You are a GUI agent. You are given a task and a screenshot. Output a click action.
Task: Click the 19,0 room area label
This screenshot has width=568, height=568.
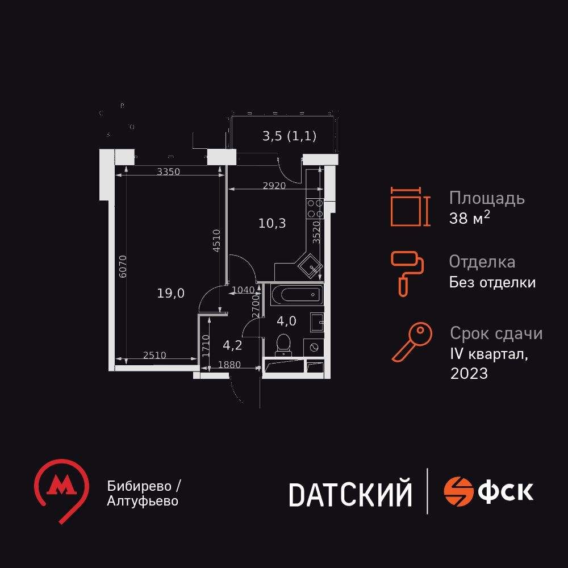click(x=171, y=293)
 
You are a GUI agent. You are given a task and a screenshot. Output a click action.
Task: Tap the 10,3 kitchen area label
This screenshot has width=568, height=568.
click(x=272, y=223)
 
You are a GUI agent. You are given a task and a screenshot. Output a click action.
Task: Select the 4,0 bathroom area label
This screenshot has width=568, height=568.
click(x=286, y=321)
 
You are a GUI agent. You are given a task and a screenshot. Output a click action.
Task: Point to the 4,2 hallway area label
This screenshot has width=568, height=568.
click(x=232, y=344)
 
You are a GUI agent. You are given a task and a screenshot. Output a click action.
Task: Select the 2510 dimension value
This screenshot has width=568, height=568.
click(x=154, y=356)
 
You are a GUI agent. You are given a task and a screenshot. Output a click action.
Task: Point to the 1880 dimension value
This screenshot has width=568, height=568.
click(x=229, y=365)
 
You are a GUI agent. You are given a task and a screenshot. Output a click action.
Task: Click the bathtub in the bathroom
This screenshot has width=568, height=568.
click(x=296, y=295)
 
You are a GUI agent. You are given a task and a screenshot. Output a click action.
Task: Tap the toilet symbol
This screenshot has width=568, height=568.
click(x=283, y=343)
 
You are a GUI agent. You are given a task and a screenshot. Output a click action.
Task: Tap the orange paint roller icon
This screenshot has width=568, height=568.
click(x=407, y=273)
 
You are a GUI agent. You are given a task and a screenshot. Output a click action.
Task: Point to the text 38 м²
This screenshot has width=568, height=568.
click(x=469, y=219)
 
